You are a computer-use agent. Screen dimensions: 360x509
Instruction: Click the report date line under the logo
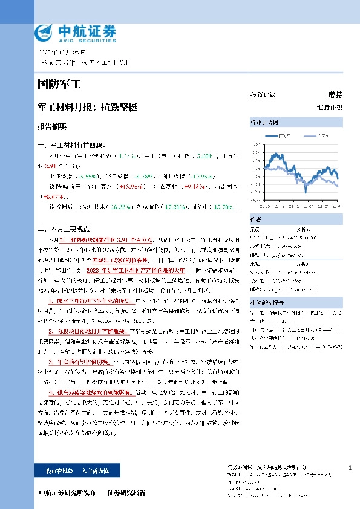pos(62,53)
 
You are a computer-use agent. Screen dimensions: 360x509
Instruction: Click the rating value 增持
pos(335,95)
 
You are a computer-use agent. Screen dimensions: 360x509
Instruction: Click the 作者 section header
pos(296,219)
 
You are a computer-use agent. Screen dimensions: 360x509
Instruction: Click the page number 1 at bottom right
pos(350,468)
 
